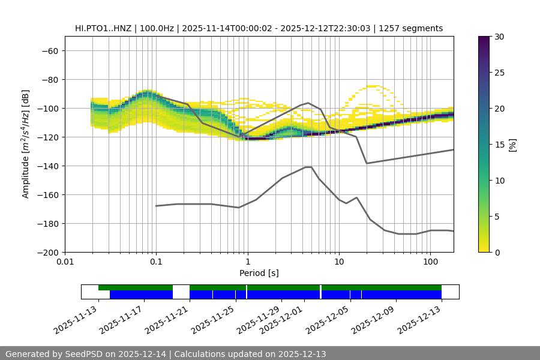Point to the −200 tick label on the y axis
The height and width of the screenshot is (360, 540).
[x=47, y=252]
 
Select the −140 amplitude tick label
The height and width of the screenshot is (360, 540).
[x=47, y=166]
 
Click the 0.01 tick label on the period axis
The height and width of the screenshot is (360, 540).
[x=65, y=262]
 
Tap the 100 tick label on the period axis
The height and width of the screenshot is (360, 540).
[x=430, y=262]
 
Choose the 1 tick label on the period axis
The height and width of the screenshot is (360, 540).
[x=247, y=262]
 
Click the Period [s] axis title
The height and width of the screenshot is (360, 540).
[x=259, y=273]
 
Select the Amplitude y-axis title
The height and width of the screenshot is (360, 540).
[x=26, y=144]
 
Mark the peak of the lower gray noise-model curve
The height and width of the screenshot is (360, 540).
[x=308, y=167]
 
